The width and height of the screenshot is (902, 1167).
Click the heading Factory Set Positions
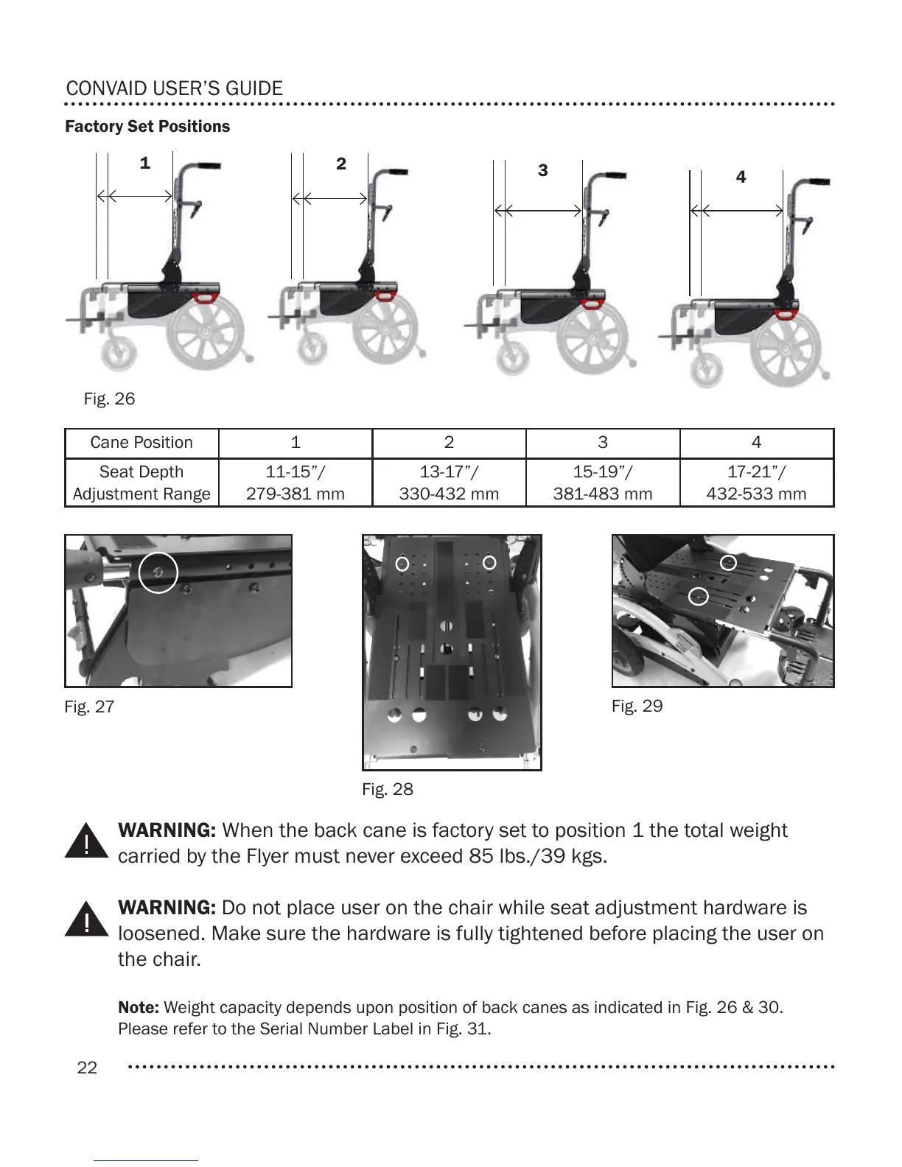[147, 127]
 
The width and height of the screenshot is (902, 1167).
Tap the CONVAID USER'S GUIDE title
[174, 89]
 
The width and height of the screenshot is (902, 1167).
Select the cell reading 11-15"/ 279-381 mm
[296, 483]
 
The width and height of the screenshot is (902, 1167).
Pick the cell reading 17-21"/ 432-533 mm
[756, 483]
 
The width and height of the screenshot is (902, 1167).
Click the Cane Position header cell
[141, 443]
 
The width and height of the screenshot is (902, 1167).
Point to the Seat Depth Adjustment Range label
[141, 483]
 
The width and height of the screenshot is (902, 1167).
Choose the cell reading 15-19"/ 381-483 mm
[603, 483]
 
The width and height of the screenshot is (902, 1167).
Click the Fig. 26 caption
[109, 399]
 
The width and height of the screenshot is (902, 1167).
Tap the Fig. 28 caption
[388, 789]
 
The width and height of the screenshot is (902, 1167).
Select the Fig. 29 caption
[637, 706]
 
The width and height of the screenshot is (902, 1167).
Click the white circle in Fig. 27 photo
[158, 572]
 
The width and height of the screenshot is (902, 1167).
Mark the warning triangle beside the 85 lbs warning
[86, 841]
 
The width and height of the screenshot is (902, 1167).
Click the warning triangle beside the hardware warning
[86, 919]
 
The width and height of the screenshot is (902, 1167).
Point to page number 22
[87, 1068]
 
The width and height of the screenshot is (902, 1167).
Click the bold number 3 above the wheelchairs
[543, 171]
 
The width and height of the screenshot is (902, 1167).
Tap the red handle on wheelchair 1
[203, 297]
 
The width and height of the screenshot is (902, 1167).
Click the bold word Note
[139, 1007]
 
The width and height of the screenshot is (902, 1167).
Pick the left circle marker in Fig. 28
[402, 564]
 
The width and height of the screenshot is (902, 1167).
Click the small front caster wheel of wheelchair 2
[311, 348]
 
